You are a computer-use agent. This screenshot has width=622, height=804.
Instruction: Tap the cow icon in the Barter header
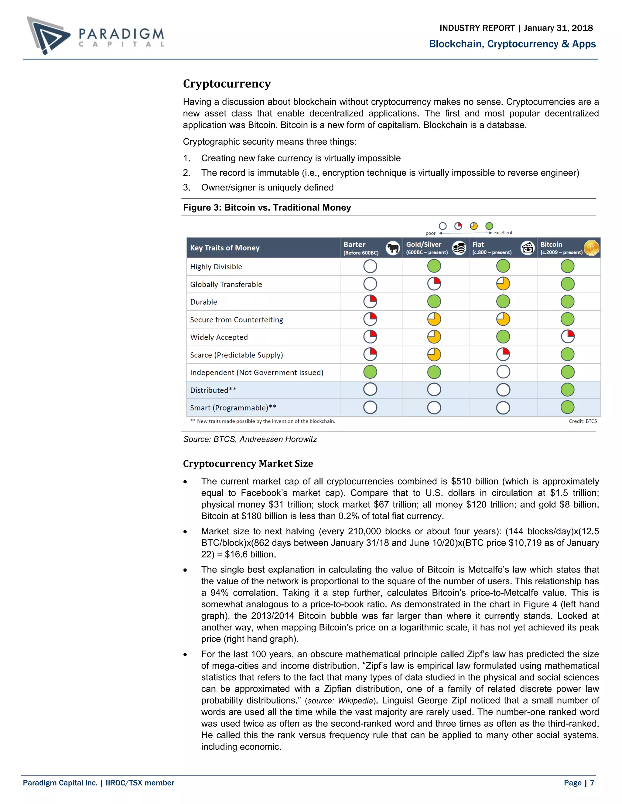coord(393,248)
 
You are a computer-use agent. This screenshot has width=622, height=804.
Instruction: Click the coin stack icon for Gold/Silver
coord(459,248)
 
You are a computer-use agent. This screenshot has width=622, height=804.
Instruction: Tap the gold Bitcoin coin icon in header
coord(591,248)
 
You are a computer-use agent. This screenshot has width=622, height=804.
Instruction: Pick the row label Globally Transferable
coord(226,284)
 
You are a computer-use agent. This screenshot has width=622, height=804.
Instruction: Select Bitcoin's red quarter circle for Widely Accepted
coord(567,336)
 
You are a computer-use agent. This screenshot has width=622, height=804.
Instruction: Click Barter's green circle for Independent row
coord(370,372)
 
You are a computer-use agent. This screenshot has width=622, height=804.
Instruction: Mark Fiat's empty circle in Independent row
coord(503,372)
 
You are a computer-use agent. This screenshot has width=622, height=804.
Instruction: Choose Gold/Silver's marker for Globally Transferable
coord(434,284)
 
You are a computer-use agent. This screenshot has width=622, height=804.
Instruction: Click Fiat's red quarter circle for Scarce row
coord(503,354)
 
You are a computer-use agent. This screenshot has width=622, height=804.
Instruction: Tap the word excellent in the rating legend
coord(503,233)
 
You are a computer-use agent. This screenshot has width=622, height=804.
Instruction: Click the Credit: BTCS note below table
coord(583,421)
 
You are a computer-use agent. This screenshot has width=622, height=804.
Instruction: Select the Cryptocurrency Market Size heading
coord(248,464)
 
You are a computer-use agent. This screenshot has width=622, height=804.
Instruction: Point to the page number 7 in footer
coord(592,783)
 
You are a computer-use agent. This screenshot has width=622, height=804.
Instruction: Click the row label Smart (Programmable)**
coord(233,407)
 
